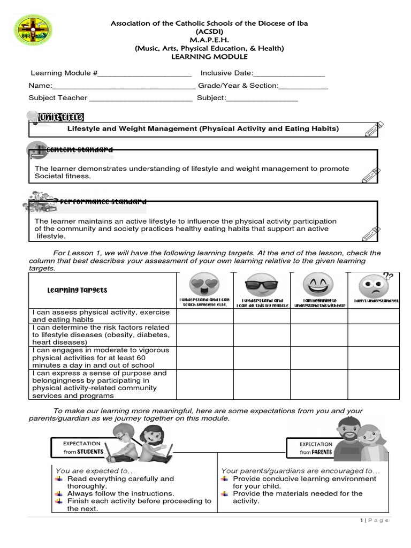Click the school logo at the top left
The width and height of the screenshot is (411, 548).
pos(33,29)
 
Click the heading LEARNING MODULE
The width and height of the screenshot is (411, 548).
pos(209,57)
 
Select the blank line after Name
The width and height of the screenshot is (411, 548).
pos(124,86)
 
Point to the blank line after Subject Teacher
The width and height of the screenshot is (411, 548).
pos(141,98)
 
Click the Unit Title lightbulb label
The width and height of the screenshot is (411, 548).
pos(55,117)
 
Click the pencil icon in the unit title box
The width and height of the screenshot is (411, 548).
pos(374,130)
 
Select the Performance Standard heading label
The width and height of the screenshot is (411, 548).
pos(86,202)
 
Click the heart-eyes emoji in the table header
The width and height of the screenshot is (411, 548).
pos(204,285)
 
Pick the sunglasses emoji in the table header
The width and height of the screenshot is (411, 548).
pos(262,285)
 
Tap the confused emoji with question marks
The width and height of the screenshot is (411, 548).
pos(372,286)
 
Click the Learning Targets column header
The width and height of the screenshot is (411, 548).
pos(77,290)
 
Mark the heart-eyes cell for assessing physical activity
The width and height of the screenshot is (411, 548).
pos(204,316)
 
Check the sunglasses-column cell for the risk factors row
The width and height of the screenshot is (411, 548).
pos(262,334)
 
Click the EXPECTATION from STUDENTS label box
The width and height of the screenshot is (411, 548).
pos(81,448)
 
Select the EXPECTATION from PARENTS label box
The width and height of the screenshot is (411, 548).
pos(316,448)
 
